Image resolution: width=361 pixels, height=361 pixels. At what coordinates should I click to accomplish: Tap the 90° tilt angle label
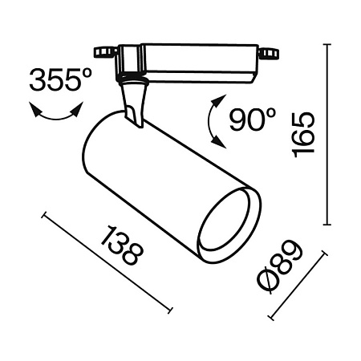[251, 120]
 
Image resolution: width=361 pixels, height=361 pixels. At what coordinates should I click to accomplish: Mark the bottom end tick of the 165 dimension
[327, 224]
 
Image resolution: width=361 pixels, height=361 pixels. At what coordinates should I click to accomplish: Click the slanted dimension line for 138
[107, 262]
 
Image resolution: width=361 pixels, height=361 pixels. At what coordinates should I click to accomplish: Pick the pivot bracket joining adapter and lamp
[134, 103]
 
